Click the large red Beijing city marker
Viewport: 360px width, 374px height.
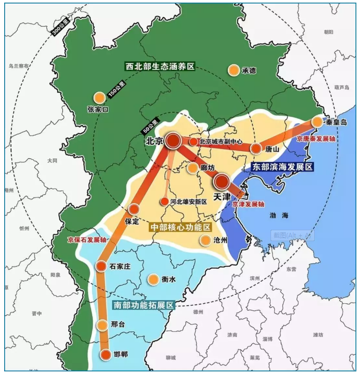point(173,140)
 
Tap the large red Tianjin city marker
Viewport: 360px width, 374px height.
point(221,181)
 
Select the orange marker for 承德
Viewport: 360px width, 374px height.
point(234,70)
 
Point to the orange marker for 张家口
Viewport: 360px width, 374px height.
point(99,97)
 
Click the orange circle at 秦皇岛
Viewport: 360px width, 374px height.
point(317,122)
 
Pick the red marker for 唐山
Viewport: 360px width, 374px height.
point(256,148)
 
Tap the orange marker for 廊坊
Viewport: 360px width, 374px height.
point(192,168)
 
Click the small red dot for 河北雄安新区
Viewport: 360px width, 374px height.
point(164,201)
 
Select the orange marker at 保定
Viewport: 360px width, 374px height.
point(133,209)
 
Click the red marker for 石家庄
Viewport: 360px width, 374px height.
point(101,266)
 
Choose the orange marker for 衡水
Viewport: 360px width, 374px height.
point(153,279)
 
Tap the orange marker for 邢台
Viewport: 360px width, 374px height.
point(102,325)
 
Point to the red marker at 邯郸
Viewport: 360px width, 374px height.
point(105,355)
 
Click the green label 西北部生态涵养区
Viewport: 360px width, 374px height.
point(159,67)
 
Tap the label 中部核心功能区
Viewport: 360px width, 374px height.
point(179,228)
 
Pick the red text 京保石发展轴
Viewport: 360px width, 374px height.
point(87,240)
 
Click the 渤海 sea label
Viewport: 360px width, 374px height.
point(279,215)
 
